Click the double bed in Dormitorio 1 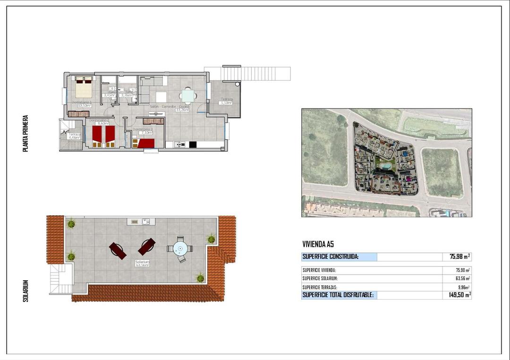[84, 87]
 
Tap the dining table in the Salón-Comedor [188, 96]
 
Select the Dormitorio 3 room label [142, 129]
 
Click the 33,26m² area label [182, 110]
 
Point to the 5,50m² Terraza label [226, 103]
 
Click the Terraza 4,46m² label [75, 136]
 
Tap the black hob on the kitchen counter [193, 144]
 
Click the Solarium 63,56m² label [142, 264]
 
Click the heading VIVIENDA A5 [318, 244]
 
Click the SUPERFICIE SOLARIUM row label [320, 278]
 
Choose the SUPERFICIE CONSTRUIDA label [330, 257]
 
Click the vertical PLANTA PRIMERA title [25, 134]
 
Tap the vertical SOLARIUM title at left [26, 291]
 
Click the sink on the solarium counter [146, 221]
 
